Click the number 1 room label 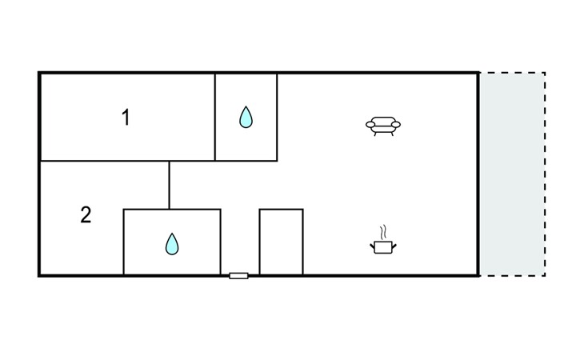click(x=126, y=118)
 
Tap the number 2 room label click(x=86, y=214)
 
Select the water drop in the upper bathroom click(x=246, y=118)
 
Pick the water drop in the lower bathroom click(x=171, y=243)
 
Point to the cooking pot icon click(x=384, y=247)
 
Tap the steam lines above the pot click(x=385, y=232)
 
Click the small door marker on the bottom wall click(x=238, y=275)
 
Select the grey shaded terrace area click(x=511, y=174)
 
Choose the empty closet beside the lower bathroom click(x=281, y=242)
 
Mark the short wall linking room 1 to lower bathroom click(x=169, y=185)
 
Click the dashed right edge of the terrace click(x=545, y=174)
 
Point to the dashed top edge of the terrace click(x=512, y=73)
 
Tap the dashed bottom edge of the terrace click(x=512, y=276)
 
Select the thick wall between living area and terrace click(x=478, y=174)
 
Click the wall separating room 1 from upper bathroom click(x=215, y=117)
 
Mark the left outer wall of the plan click(x=39, y=174)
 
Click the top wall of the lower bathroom click(x=171, y=210)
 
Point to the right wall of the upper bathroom click(x=277, y=117)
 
